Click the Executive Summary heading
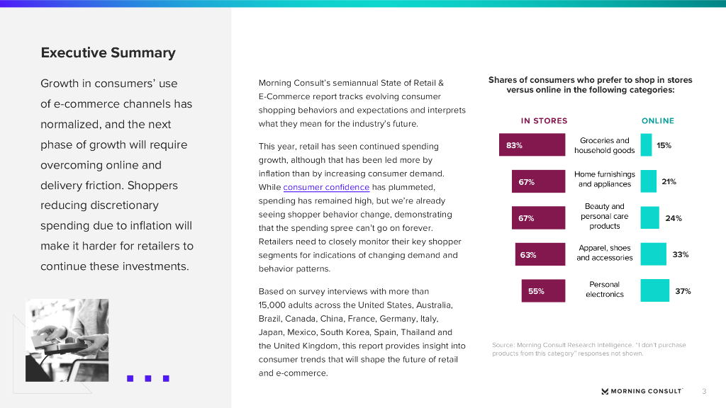[x=108, y=53]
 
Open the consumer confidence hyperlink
[x=326, y=187]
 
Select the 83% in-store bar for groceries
[x=532, y=145]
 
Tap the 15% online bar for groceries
[x=646, y=145]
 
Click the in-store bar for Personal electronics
[x=544, y=291]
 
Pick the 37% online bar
[x=654, y=291]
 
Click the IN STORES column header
[x=544, y=121]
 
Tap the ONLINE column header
[x=658, y=121]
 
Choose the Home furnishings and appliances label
[x=604, y=179]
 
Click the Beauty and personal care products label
[x=604, y=217]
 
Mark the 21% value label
[x=669, y=182]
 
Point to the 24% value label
[x=674, y=219]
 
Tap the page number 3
[x=704, y=391]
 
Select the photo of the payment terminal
[x=67, y=340]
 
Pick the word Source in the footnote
[x=504, y=345]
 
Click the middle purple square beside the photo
[x=148, y=378]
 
